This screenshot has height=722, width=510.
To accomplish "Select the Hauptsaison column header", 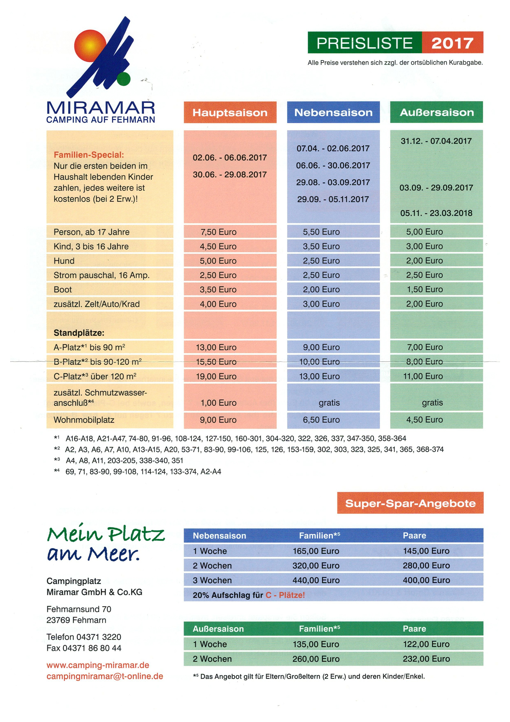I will (230, 112).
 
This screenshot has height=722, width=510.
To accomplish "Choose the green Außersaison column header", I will (437, 112).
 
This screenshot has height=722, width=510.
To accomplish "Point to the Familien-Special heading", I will (89, 155).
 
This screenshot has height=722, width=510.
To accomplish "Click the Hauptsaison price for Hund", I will (218, 261).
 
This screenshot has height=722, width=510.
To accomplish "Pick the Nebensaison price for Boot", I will (321, 289).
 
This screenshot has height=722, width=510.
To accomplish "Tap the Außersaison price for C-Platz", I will (423, 376).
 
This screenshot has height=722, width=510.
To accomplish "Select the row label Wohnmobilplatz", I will (84, 420).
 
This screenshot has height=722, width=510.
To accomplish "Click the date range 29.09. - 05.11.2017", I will (333, 199).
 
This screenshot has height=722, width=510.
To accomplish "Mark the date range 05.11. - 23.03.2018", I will (436, 213).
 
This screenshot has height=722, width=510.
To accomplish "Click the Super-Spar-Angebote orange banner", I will (410, 503).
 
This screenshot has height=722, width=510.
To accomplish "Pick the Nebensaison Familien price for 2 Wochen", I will (316, 565).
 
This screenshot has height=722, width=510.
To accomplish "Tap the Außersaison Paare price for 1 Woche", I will (426, 644).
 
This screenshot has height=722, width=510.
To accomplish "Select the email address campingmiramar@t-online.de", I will (105, 676).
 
